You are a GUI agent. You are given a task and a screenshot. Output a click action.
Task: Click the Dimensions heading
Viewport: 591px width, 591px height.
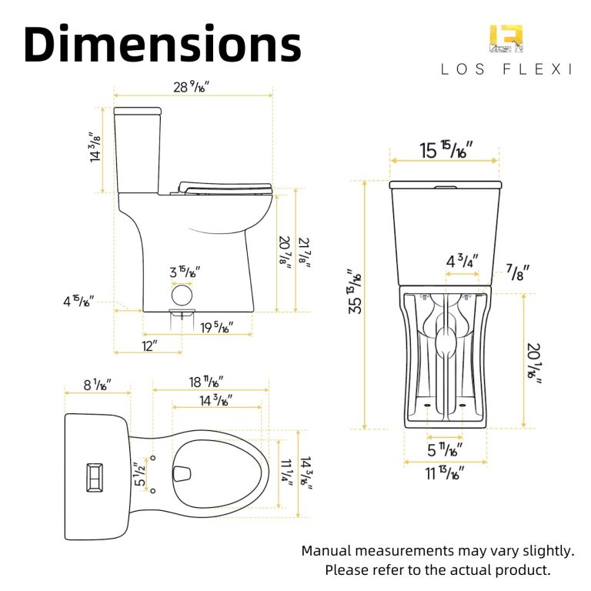point(162,44)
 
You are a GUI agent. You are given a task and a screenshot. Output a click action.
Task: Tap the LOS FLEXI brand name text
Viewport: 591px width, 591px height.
point(506,69)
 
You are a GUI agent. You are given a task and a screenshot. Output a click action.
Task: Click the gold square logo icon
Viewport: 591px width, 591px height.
point(506,38)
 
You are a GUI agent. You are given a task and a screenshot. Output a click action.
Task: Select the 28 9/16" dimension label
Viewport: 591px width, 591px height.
point(191,87)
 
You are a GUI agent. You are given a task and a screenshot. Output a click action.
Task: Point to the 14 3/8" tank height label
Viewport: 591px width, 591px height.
point(95,147)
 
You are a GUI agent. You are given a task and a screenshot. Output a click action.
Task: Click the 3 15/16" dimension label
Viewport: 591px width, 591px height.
point(185,272)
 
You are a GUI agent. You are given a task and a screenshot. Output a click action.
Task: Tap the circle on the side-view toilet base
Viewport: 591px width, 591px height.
point(182,295)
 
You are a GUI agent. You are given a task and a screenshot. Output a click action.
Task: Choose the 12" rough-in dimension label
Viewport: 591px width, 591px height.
point(149,346)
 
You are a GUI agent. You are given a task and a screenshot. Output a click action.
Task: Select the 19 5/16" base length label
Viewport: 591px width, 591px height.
point(216,327)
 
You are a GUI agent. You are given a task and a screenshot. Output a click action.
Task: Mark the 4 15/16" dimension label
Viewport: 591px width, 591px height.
point(78,301)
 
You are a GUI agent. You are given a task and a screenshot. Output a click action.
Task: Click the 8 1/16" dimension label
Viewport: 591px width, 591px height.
point(97,385)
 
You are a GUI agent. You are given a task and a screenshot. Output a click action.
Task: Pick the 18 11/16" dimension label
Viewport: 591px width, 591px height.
point(206,382)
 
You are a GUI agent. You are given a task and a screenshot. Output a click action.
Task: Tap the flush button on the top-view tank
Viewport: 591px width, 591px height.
point(94,477)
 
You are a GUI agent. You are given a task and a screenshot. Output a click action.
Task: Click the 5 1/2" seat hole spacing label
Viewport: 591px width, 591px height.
point(139,473)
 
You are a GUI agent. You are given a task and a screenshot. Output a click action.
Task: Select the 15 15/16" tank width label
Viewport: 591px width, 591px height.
point(446,150)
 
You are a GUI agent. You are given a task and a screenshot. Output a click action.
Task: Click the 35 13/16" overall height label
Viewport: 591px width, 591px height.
point(355,292)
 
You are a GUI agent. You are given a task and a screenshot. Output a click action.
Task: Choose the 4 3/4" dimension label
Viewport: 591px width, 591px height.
point(462,261)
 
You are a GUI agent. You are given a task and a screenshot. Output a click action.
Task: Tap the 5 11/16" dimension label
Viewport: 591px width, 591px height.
point(445,449)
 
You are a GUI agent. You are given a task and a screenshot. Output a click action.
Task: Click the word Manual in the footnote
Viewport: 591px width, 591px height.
point(327,551)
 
